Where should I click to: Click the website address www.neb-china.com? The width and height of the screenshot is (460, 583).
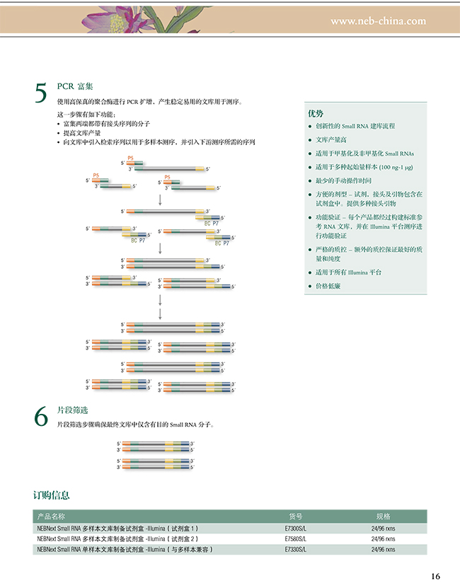378,21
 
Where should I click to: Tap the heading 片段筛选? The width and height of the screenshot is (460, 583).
71,410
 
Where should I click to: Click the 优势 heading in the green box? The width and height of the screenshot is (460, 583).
316,113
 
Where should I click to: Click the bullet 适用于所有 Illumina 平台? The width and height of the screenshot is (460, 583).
349,272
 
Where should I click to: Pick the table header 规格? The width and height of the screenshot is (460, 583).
383,516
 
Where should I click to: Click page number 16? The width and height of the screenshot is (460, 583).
435,575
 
